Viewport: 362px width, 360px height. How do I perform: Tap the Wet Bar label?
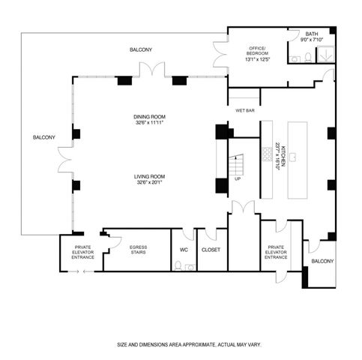[x=245, y=110]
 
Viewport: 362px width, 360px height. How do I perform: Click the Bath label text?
[x=311, y=34]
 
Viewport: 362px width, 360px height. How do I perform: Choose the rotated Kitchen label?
[x=277, y=156]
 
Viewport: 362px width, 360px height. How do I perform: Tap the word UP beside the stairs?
[x=238, y=179]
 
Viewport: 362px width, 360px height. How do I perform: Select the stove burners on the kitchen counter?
[x=266, y=153]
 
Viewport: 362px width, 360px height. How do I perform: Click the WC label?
[x=184, y=249]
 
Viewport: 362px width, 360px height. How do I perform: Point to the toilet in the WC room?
[x=177, y=265]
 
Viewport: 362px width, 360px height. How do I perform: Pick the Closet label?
[x=211, y=249]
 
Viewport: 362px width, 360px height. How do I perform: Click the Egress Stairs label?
[x=138, y=250]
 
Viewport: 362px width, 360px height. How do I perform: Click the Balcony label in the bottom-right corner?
[x=322, y=261]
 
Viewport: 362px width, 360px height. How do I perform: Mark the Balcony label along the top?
[x=141, y=49]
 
